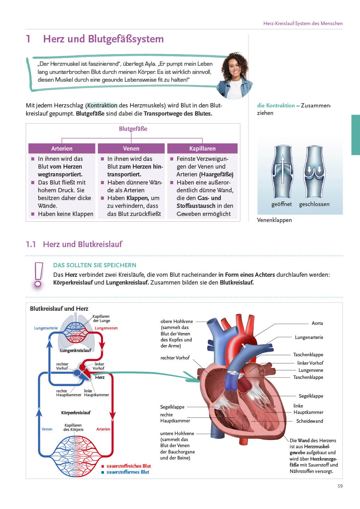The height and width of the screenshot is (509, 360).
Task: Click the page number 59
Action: tap(340, 486)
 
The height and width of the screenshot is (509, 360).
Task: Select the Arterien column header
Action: tap(62, 148)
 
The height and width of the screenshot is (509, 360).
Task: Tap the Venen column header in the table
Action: tap(131, 148)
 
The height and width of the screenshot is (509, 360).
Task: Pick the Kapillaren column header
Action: tap(202, 148)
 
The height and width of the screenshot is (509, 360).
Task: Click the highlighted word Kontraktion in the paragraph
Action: tap(102, 105)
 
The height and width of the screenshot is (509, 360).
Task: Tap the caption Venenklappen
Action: tap(274, 220)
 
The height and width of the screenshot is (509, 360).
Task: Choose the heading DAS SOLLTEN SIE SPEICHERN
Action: tap(95, 265)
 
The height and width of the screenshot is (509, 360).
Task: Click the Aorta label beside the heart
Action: tap(317, 323)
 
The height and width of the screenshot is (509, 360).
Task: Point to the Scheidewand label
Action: tap(309, 421)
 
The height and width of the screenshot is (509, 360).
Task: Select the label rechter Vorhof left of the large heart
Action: tap(175, 358)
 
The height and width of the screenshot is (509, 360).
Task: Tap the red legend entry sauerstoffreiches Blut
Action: tap(128, 466)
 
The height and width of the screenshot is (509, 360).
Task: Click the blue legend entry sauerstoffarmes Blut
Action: tap(128, 472)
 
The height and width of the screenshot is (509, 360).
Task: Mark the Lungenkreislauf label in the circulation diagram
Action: tap(76, 350)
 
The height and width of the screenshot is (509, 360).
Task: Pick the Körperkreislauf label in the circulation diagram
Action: tap(76, 413)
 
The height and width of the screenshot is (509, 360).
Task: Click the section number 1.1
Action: tap(31, 244)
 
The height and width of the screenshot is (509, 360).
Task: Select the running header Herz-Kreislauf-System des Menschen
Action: tap(303, 23)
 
